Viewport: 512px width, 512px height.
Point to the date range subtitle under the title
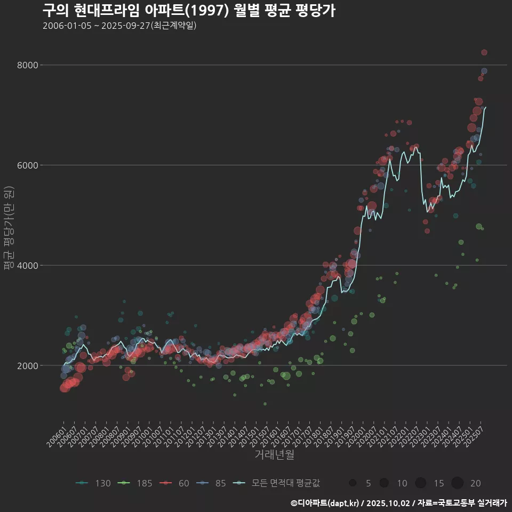click(x=119, y=26)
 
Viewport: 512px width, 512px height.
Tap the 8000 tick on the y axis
click(x=28, y=65)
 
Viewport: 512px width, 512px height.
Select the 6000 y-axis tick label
click(x=28, y=165)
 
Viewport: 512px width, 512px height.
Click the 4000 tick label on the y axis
click(x=28, y=266)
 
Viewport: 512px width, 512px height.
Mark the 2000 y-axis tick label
click(x=28, y=366)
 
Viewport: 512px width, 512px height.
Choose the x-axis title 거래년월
click(x=274, y=455)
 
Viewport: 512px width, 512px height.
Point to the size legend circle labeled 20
click(x=457, y=483)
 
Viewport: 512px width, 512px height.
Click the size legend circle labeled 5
click(x=353, y=483)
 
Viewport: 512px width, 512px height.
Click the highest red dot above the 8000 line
click(x=484, y=52)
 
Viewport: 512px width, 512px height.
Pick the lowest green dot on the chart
click(x=265, y=404)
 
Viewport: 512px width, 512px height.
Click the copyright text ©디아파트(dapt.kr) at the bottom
click(x=325, y=503)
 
